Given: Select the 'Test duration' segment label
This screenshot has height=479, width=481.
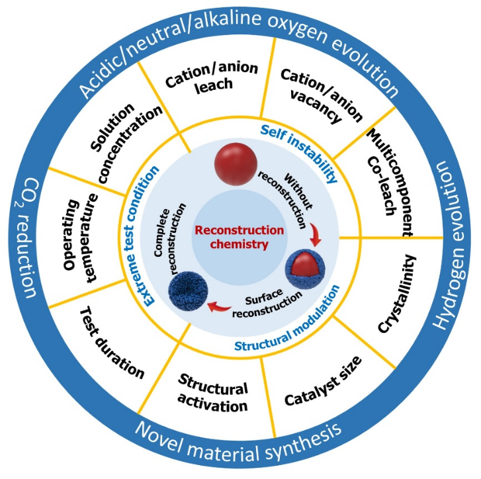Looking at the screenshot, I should [112, 342].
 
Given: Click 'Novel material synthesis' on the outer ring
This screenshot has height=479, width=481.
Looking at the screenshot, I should [240, 444].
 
